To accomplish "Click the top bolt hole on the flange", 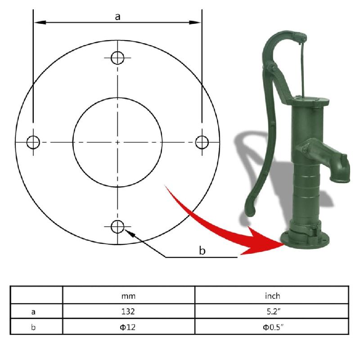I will (117, 58).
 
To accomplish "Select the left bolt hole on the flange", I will (33, 142).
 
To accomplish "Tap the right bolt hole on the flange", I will (202, 142).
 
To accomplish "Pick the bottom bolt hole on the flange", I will (117, 227).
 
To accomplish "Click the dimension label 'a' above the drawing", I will (117, 17).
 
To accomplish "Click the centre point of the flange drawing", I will (117, 142).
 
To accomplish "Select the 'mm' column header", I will (128, 296).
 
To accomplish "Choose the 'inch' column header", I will (272, 296).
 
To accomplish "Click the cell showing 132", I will (128, 311).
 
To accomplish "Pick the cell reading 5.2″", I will (272, 311).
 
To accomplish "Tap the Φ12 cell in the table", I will (128, 327).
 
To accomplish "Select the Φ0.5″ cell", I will (272, 327).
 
